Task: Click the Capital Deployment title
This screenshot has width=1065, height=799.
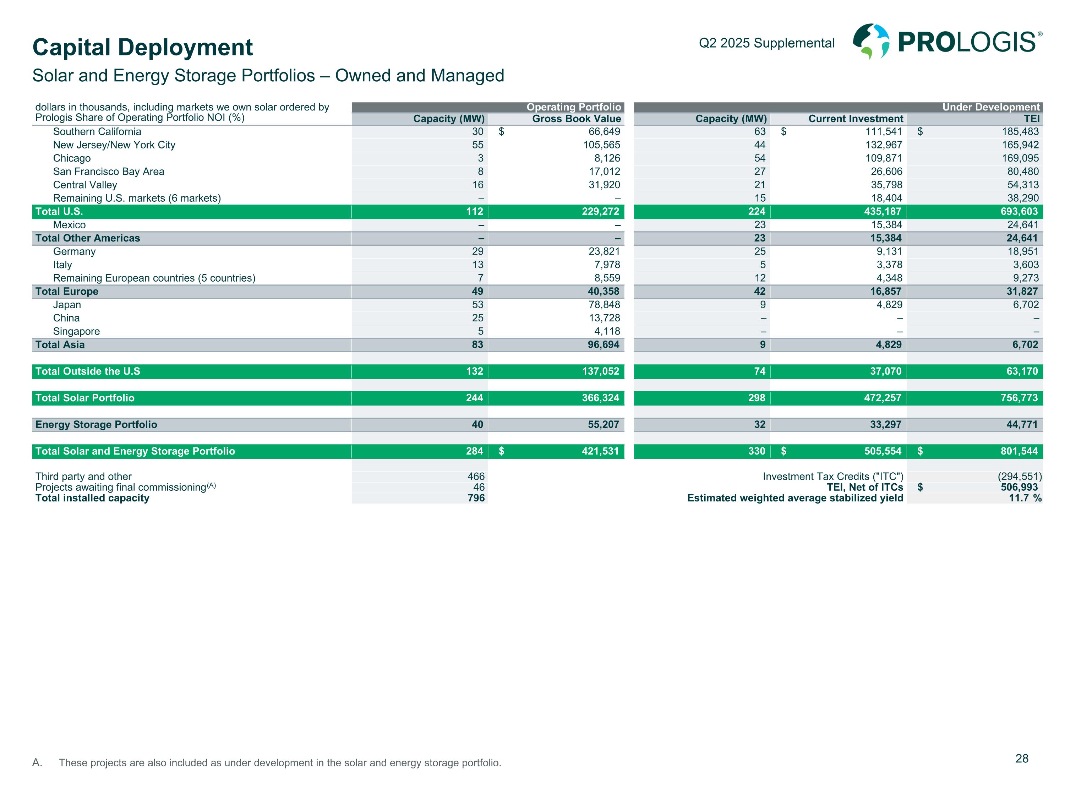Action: (142, 47)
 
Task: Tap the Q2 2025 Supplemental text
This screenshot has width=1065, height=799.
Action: (766, 43)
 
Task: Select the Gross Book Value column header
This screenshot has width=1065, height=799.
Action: (576, 119)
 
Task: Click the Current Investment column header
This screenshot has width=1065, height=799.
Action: (856, 119)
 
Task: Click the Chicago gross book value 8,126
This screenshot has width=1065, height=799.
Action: (607, 158)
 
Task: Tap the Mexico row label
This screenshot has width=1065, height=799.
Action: (69, 225)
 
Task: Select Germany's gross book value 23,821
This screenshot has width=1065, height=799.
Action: (604, 251)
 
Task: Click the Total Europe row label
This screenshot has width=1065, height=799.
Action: (67, 292)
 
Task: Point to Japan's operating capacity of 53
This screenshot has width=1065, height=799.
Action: (477, 305)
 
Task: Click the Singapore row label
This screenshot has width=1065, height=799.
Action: (77, 331)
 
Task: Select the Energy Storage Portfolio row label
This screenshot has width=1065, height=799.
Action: (96, 425)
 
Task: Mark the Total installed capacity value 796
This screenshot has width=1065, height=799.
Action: (476, 498)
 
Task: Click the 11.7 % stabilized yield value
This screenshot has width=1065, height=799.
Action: (1025, 498)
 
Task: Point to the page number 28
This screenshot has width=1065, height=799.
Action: (1022, 759)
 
